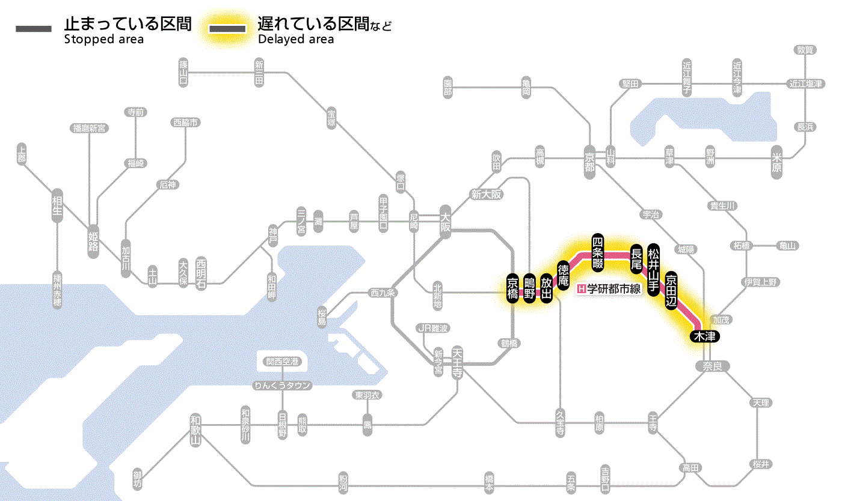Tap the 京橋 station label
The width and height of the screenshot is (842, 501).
pyautogui.click(x=512, y=290)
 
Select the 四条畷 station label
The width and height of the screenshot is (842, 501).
pyautogui.click(x=597, y=251)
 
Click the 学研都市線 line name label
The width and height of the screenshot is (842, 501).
pyautogui.click(x=609, y=289)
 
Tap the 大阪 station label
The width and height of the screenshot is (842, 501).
pyautogui.click(x=445, y=222)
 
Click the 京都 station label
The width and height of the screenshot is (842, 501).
pyautogui.click(x=589, y=159)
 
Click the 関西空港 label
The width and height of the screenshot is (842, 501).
pyautogui.click(x=282, y=362)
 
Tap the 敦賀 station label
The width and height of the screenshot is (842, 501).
pyautogui.click(x=805, y=50)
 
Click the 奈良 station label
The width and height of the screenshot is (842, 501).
pyautogui.click(x=711, y=366)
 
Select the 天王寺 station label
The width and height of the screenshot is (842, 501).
pyautogui.click(x=457, y=362)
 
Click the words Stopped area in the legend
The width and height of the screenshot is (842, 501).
pyautogui.click(x=104, y=40)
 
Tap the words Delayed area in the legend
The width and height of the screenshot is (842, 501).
pyautogui.click(x=296, y=40)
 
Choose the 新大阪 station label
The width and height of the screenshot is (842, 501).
pyautogui.click(x=486, y=194)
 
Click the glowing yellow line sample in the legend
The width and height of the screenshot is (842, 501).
pyautogui.click(x=227, y=28)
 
